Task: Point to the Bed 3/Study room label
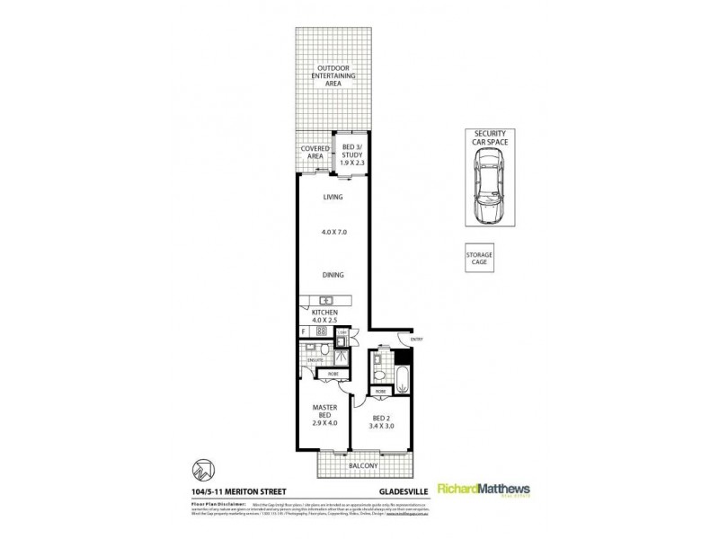pos(349,152)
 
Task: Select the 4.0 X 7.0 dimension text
pos(333,233)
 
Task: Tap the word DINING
pos(333,275)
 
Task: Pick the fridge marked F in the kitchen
pos(305,331)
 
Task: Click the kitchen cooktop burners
pos(322,331)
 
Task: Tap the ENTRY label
pos(416,339)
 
